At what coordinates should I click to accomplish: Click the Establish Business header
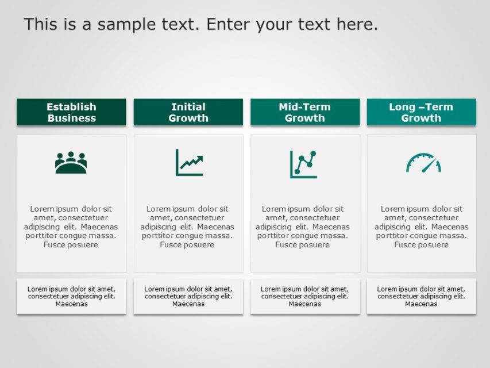(x=71, y=112)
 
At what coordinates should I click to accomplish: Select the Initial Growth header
(x=188, y=112)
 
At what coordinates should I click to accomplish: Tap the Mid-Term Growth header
(x=304, y=112)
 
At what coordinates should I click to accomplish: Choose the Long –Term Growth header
(x=421, y=112)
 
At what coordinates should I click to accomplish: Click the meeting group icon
(x=71, y=163)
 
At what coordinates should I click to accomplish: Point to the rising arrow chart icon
(x=189, y=163)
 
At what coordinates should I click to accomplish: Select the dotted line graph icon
(x=303, y=164)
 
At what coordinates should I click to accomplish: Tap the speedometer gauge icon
(x=423, y=163)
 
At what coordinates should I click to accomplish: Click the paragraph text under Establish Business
(x=71, y=227)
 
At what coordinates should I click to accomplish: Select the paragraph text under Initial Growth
(x=187, y=227)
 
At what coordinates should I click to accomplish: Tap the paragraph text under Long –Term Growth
(x=421, y=227)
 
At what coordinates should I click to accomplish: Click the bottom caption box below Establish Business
(x=71, y=296)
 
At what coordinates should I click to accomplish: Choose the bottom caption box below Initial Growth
(x=188, y=296)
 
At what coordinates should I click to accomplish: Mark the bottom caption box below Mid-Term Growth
(x=304, y=296)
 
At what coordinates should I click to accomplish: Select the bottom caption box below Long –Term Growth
(x=421, y=296)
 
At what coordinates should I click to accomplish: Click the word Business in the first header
(x=71, y=118)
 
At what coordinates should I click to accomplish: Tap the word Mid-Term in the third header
(x=304, y=107)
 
